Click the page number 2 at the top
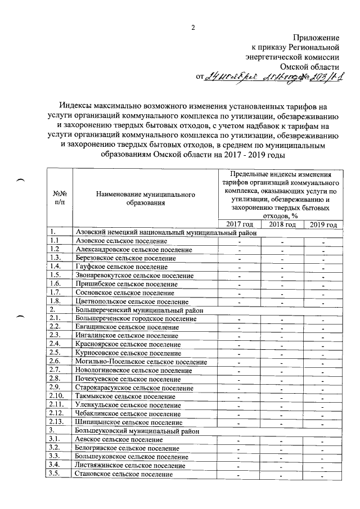(x=192, y=28)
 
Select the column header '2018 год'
(x=282, y=224)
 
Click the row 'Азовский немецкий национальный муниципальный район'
(x=166, y=232)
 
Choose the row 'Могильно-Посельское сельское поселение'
(x=141, y=362)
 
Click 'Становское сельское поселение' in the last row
(x=124, y=474)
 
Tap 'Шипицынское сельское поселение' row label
(x=128, y=422)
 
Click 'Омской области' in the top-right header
(x=313, y=66)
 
